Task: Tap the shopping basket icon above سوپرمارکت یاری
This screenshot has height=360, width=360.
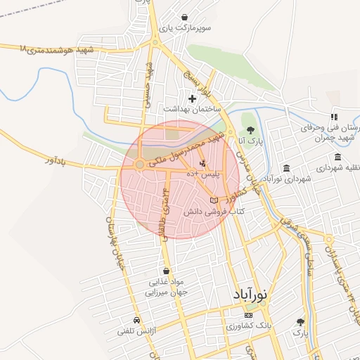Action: pos(184,17)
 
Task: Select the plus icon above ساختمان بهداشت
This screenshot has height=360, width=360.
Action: pos(193,98)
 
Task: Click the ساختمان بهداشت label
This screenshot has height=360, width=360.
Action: pos(192,110)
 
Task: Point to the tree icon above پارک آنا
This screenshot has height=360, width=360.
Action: pos(249,129)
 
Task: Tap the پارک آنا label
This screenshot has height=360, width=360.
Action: pos(249,141)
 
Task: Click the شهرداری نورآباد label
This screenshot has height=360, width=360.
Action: pos(291,179)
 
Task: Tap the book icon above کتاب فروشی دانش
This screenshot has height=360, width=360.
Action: pos(214,201)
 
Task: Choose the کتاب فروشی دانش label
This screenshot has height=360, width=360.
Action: pos(214,212)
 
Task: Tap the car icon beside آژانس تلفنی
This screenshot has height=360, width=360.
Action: pos(126,321)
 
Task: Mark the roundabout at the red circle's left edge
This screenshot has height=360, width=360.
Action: pos(140,165)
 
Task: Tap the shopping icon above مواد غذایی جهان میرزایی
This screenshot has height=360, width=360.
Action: pos(166,270)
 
